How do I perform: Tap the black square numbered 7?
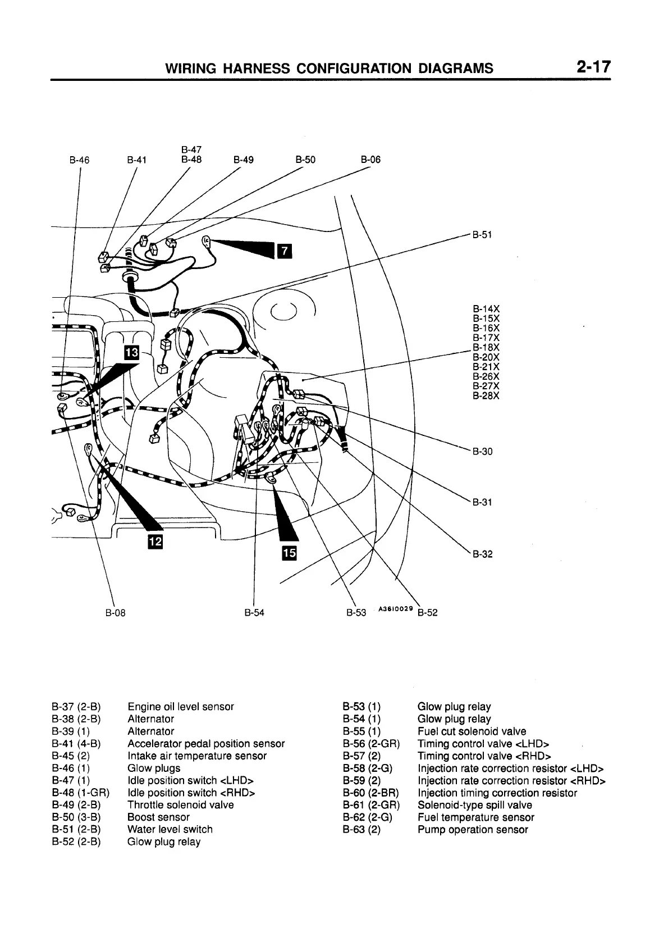(x=284, y=250)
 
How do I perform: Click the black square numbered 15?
(x=290, y=553)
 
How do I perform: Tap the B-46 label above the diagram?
(x=79, y=160)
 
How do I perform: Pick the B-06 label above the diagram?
(x=370, y=160)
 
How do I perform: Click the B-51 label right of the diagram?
(x=482, y=235)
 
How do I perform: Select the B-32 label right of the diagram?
(x=482, y=554)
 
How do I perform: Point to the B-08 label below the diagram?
(x=116, y=613)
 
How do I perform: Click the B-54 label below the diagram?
(x=254, y=613)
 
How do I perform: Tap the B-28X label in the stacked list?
(x=486, y=395)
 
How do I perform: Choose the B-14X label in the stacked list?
(x=486, y=308)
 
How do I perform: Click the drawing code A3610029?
(x=396, y=608)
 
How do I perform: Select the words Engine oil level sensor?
(x=180, y=707)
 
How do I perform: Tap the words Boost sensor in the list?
(x=158, y=817)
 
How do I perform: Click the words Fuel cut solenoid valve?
(x=472, y=731)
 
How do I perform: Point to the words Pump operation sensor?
(x=473, y=829)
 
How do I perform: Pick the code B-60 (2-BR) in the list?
(x=370, y=793)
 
